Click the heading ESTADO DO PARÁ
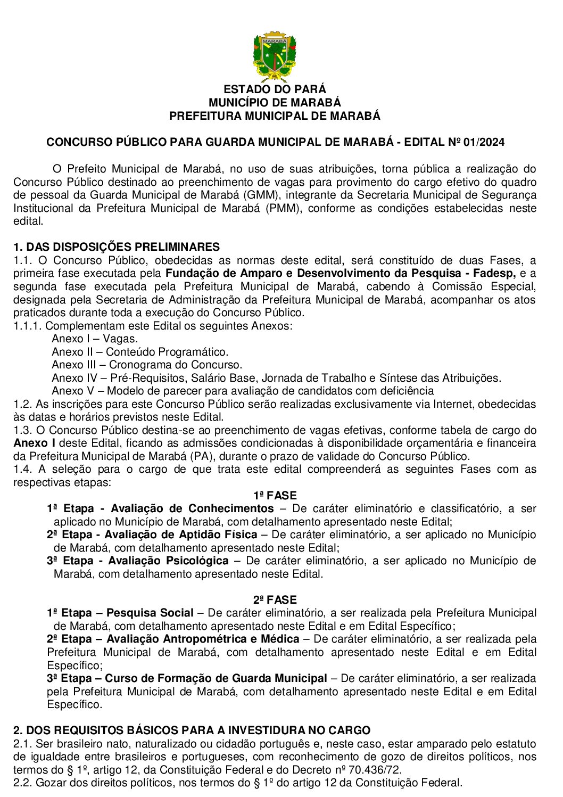click(275, 89)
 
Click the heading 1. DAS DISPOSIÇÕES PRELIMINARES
click(117, 247)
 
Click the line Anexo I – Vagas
click(95, 339)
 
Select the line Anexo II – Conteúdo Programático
click(140, 352)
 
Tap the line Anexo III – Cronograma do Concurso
click(147, 365)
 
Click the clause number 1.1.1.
click(27, 326)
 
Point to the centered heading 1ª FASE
click(275, 496)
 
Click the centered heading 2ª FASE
click(275, 600)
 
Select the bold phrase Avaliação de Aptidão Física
click(181, 535)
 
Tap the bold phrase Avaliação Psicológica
click(168, 561)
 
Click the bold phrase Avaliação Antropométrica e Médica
click(203, 639)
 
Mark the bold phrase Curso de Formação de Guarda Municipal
click(216, 678)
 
